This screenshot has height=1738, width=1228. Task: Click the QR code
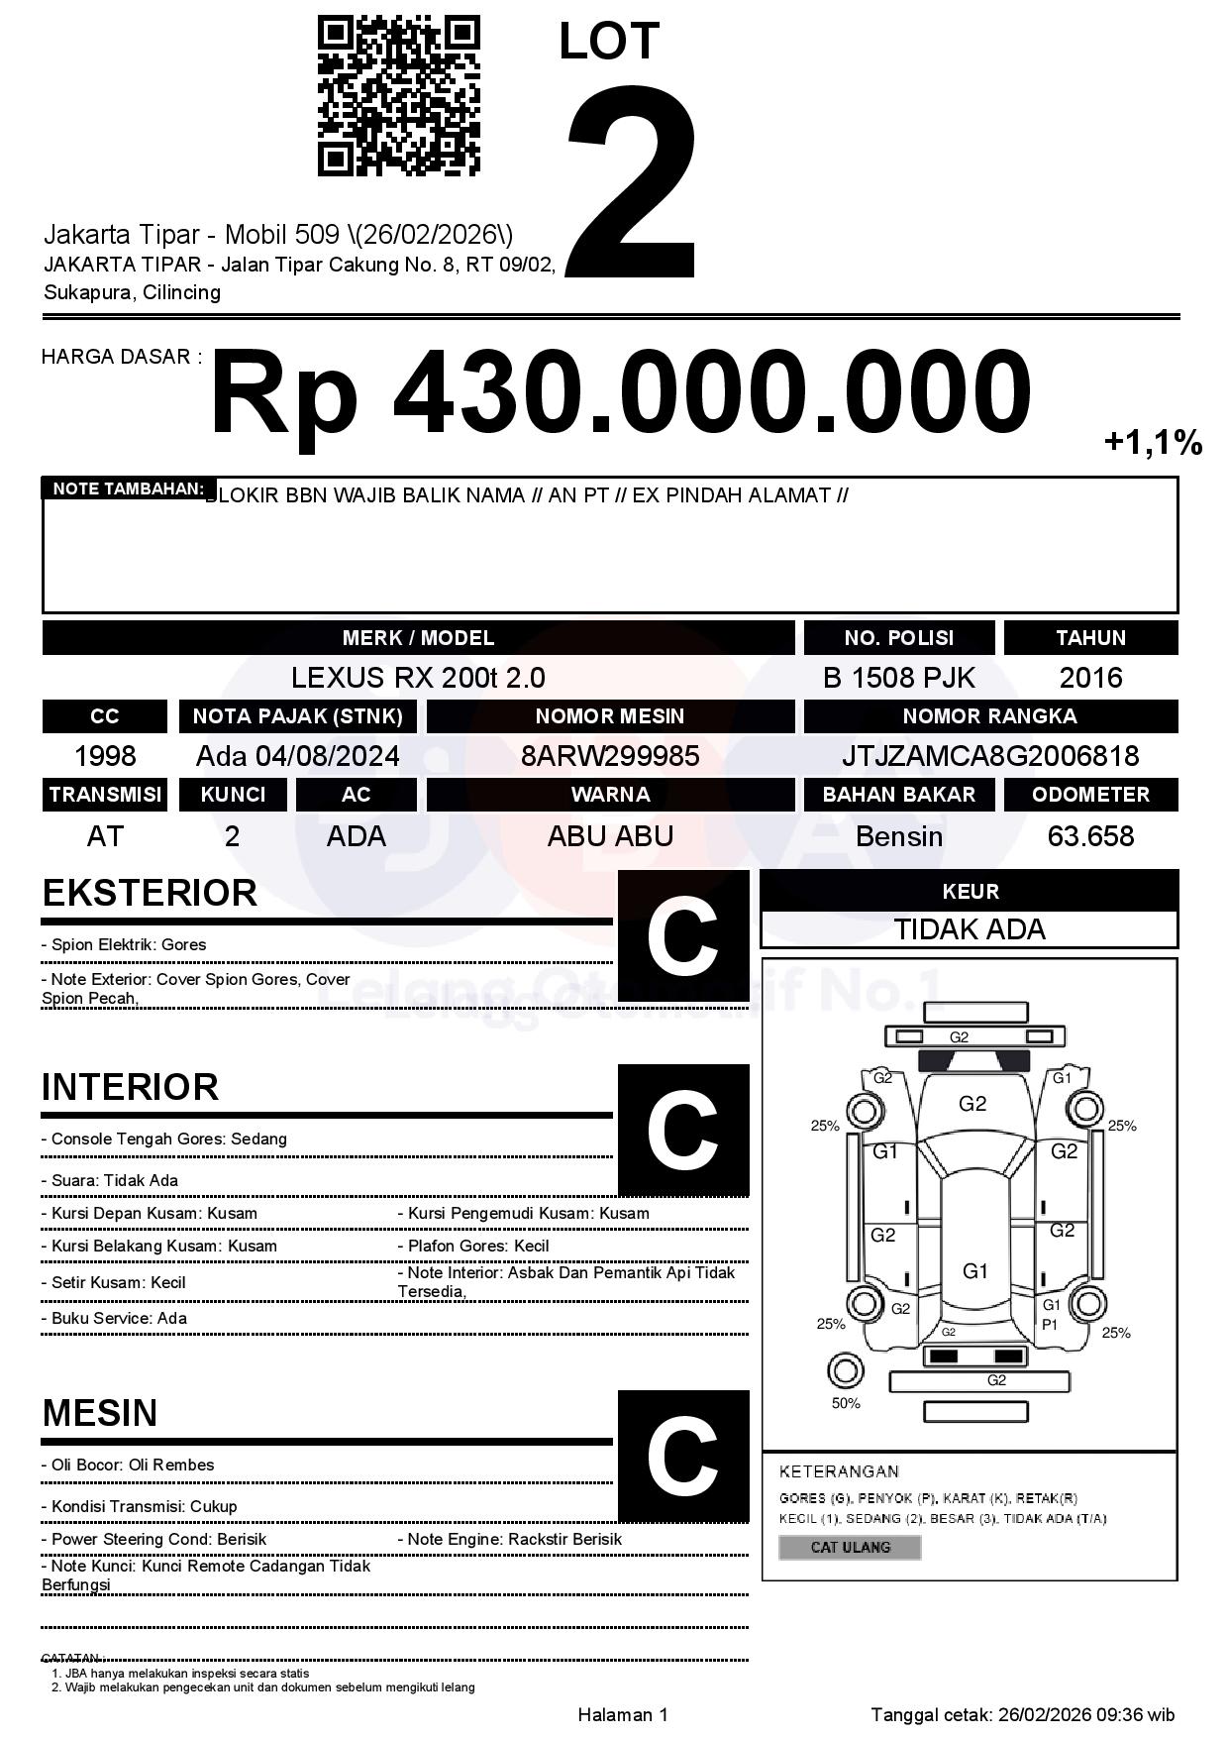(x=398, y=96)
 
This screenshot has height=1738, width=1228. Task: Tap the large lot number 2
(x=631, y=180)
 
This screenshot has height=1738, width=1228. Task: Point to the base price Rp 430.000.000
(x=620, y=393)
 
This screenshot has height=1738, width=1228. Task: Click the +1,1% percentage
(x=1153, y=442)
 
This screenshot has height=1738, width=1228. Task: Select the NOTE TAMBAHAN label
(x=128, y=489)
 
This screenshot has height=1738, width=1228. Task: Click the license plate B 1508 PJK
(x=898, y=678)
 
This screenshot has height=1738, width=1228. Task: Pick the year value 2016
(x=1090, y=678)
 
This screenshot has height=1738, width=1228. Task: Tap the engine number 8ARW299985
(x=610, y=756)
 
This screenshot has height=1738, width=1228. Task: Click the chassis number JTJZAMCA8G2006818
(x=989, y=756)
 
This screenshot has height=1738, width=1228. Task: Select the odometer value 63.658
(x=1090, y=836)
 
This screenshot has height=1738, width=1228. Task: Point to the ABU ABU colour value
(x=610, y=836)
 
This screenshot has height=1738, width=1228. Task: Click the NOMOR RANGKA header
(x=989, y=715)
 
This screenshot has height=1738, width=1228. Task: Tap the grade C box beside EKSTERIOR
(x=682, y=936)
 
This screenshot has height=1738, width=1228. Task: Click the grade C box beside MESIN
(x=682, y=1456)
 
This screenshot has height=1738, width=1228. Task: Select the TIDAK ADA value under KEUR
(x=970, y=929)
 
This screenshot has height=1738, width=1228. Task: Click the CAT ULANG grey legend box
(x=850, y=1547)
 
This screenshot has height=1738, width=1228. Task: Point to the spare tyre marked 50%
(x=845, y=1372)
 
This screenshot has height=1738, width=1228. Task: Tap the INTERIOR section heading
(x=130, y=1087)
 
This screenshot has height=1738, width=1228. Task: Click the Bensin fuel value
(x=898, y=836)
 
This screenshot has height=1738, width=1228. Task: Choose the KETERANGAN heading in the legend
(x=839, y=1471)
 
